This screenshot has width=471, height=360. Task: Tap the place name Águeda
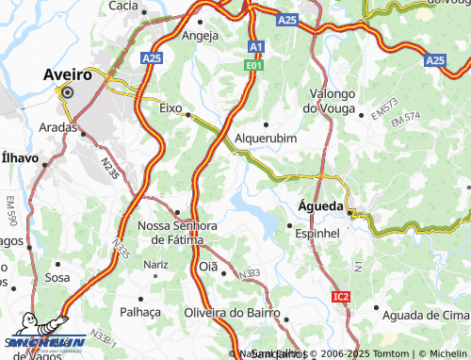pos(318,205)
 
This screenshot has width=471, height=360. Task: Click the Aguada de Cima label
pos(421,313)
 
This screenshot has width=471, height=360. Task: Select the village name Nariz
pos(155,266)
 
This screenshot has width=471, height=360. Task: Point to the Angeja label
pos(200,36)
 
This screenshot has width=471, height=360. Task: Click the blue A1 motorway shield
pos(256,47)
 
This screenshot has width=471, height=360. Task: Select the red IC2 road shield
pos(341,297)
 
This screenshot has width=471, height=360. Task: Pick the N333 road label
pos(248,274)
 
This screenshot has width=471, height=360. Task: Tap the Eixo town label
pos(170,108)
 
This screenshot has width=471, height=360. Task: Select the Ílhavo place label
pos(20,158)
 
